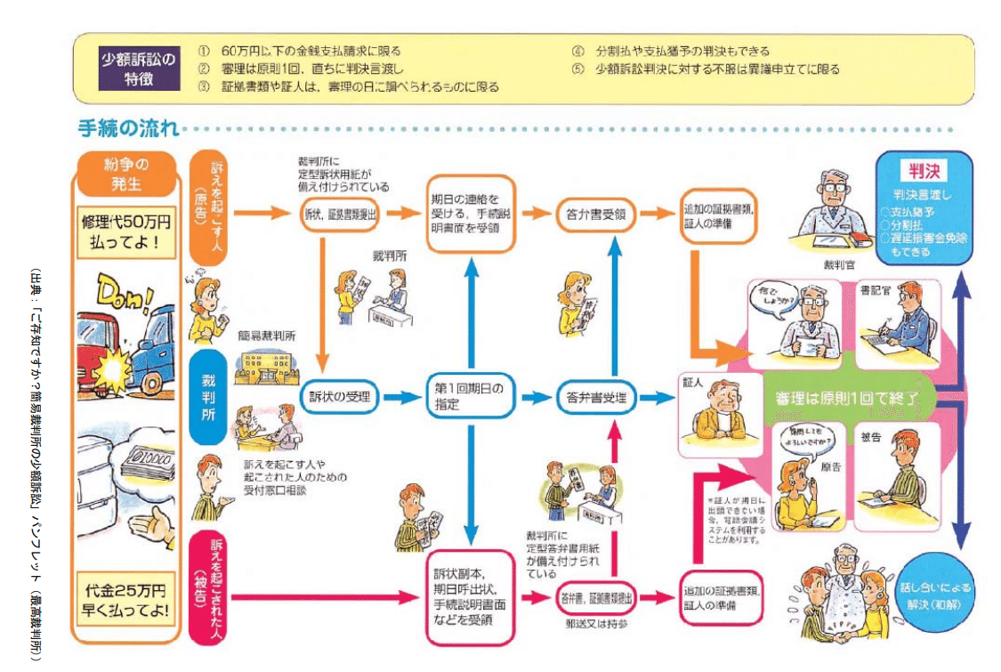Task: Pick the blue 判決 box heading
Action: click(924, 170)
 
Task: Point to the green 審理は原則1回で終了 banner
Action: click(842, 398)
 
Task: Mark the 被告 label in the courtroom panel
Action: click(871, 438)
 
